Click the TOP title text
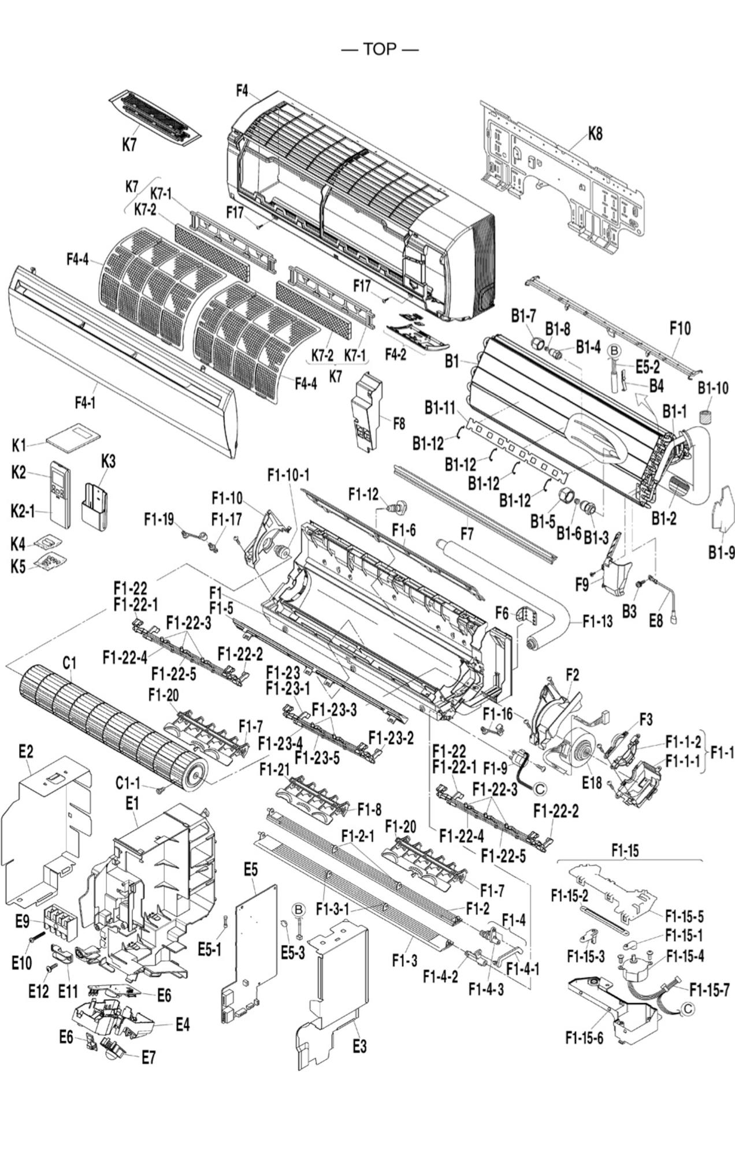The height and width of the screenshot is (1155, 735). (380, 50)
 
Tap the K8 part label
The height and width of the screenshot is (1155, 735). (595, 133)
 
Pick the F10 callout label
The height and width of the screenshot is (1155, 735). (680, 329)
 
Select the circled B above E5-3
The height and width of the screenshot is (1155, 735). (298, 911)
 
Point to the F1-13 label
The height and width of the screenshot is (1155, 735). (597, 621)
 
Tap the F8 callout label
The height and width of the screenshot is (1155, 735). (399, 423)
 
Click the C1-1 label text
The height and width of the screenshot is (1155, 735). (128, 784)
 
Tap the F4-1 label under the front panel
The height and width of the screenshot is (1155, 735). (85, 402)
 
